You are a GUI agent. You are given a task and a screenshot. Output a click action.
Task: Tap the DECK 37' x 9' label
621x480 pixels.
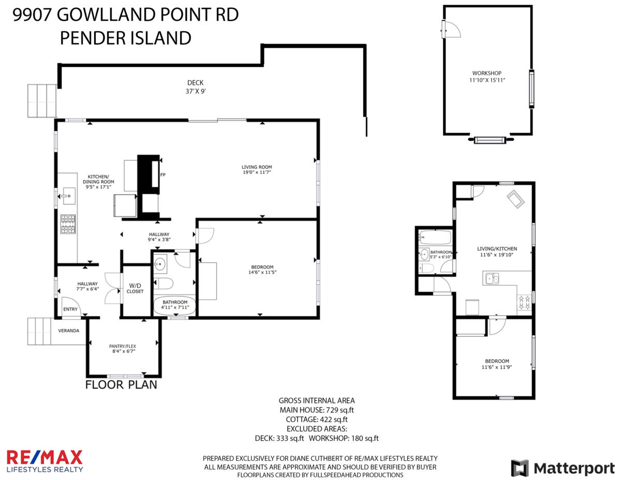(x=196, y=87)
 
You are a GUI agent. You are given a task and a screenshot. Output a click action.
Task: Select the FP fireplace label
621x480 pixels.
(x=162, y=174)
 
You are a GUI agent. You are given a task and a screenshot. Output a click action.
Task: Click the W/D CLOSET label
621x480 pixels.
(x=135, y=288)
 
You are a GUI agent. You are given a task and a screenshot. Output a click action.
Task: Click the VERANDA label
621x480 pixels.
(x=69, y=330)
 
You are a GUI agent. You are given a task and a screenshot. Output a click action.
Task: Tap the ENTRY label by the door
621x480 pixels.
(x=70, y=309)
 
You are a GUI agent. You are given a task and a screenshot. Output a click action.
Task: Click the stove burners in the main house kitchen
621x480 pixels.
(x=68, y=224)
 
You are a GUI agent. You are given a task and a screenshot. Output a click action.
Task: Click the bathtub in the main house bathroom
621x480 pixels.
(x=174, y=306)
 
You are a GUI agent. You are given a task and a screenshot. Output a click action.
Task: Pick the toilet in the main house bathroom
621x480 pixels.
(x=164, y=284)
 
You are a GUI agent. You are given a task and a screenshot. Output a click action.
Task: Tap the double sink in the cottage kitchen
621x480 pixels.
(x=492, y=278)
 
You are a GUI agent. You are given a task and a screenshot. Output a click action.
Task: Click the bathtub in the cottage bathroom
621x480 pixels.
(x=435, y=237)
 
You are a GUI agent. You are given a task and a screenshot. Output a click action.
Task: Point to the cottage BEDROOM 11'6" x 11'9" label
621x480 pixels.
(x=497, y=364)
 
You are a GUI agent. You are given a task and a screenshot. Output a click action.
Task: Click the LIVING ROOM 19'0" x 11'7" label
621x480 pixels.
(x=257, y=169)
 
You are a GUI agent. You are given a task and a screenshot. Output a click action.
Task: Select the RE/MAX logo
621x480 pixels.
(x=45, y=461)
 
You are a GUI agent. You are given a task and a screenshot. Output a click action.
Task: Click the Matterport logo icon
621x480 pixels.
(x=520, y=468)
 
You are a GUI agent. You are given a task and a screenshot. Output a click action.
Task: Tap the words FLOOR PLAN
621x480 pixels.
(x=121, y=385)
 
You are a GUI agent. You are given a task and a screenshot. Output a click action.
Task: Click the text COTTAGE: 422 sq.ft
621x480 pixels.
(x=317, y=419)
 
